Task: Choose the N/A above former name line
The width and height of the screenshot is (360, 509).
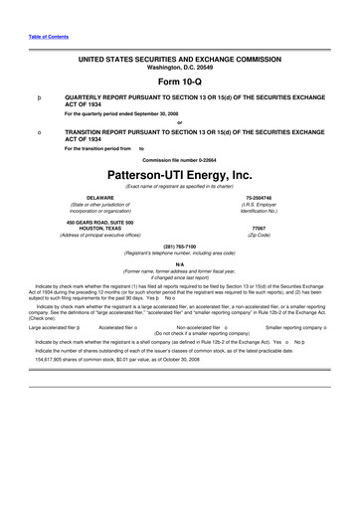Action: [179, 262]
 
